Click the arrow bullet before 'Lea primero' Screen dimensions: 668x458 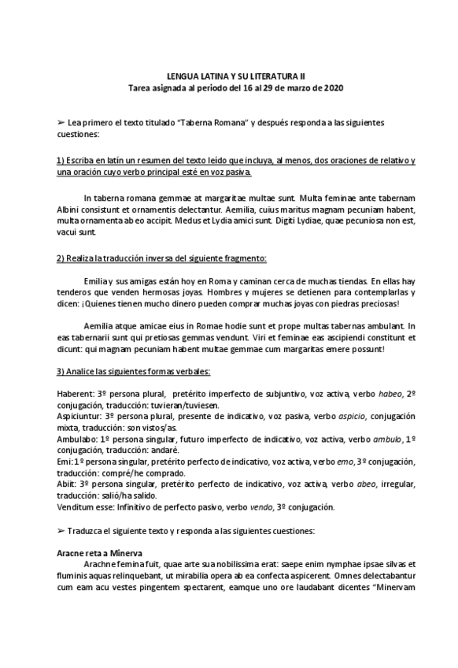[61, 124]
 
